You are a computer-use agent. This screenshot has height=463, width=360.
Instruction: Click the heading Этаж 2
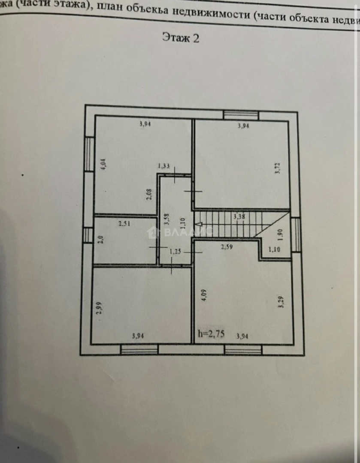(181, 38)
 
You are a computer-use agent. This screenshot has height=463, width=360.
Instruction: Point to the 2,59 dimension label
(227, 247)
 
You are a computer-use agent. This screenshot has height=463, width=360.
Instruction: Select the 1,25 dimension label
(175, 252)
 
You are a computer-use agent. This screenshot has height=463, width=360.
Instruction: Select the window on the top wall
(241, 114)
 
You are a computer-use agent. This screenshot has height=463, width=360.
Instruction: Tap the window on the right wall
(296, 235)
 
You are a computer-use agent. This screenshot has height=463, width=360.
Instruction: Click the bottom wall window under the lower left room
(139, 350)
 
